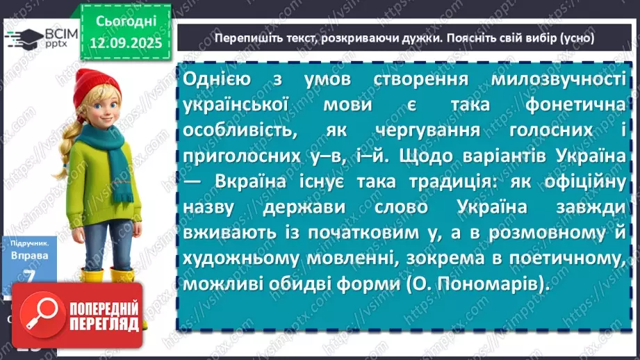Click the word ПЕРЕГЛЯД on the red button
pos(101,322)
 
